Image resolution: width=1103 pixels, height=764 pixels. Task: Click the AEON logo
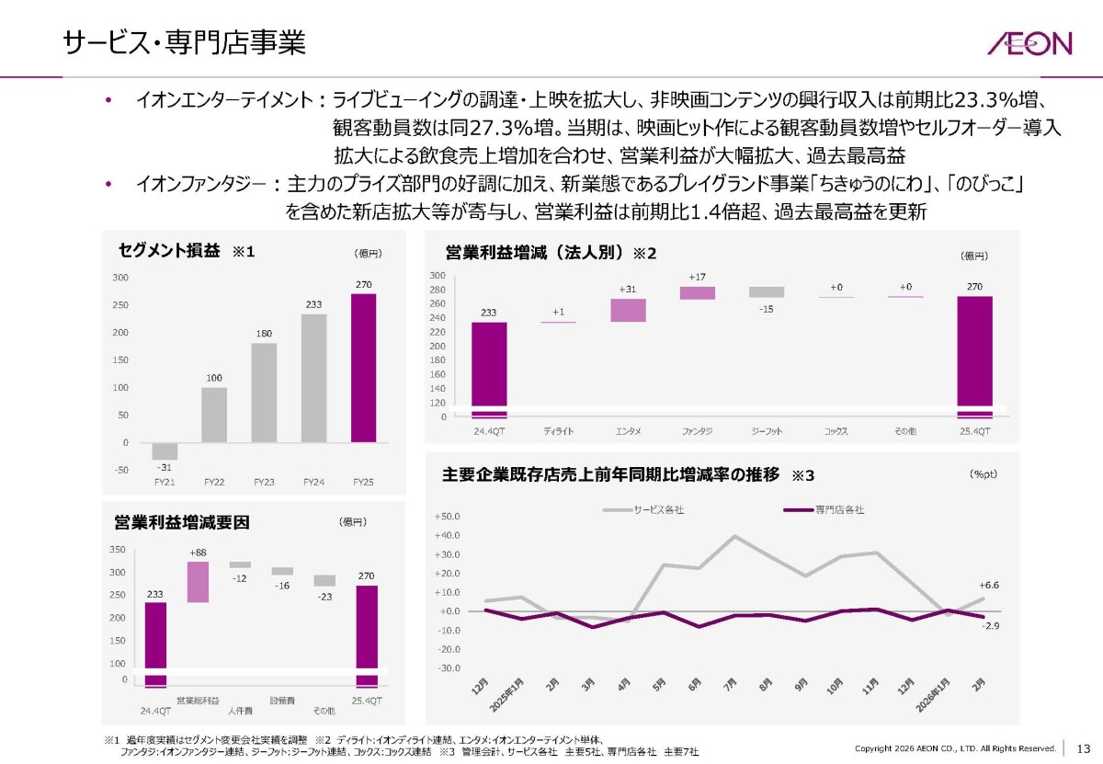[1029, 43]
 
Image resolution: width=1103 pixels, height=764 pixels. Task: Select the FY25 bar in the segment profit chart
[363, 368]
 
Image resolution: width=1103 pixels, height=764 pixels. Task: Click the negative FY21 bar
[165, 450]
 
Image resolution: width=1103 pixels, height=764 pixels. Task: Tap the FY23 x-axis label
[264, 482]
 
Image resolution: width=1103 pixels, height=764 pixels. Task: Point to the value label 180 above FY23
[264, 334]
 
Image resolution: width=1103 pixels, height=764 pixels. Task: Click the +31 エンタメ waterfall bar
[628, 311]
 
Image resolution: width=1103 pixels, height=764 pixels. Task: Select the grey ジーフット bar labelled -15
[767, 292]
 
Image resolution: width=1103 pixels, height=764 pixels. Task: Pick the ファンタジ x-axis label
[697, 431]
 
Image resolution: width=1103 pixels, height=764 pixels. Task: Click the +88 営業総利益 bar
[198, 582]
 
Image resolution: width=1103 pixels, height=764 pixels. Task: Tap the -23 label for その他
[324, 597]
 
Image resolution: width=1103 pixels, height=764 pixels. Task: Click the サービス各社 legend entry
[643, 510]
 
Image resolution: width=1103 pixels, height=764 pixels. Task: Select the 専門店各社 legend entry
[824, 510]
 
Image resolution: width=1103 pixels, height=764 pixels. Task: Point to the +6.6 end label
[989, 586]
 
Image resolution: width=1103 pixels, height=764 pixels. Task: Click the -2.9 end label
[990, 625]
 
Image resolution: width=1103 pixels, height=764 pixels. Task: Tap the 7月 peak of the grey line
[734, 536]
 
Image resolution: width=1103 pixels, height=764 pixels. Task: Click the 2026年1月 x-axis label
[932, 695]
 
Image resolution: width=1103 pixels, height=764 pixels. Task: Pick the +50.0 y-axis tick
[447, 517]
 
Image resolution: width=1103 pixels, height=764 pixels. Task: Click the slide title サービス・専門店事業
[184, 42]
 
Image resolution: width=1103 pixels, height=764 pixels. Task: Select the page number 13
[1084, 748]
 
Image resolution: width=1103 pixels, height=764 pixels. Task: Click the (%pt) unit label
[983, 473]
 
